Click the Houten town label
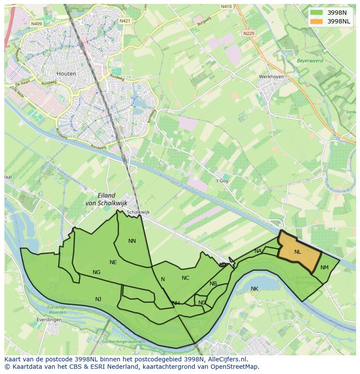[66, 73]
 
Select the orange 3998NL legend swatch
[317, 21]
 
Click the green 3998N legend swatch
[317, 12]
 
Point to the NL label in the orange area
[297, 252]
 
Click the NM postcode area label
[324, 268]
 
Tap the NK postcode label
[254, 288]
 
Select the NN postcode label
[132, 241]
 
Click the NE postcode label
[113, 262]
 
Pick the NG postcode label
[97, 272]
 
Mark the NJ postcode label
[98, 299]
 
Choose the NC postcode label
[186, 278]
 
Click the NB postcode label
[213, 284]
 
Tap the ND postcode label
[202, 303]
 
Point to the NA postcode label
[258, 251]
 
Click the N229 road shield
[249, 33]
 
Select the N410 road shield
[226, 7]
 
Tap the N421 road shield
[125, 21]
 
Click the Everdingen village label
[49, 320]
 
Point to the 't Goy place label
[222, 181]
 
